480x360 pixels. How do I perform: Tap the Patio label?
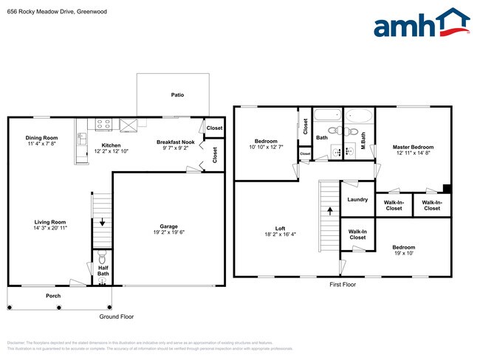pos(177,95)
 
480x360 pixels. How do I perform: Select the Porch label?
pos(53,296)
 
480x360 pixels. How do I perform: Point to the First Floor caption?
pos(343,283)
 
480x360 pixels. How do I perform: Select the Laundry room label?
pos(357,199)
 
